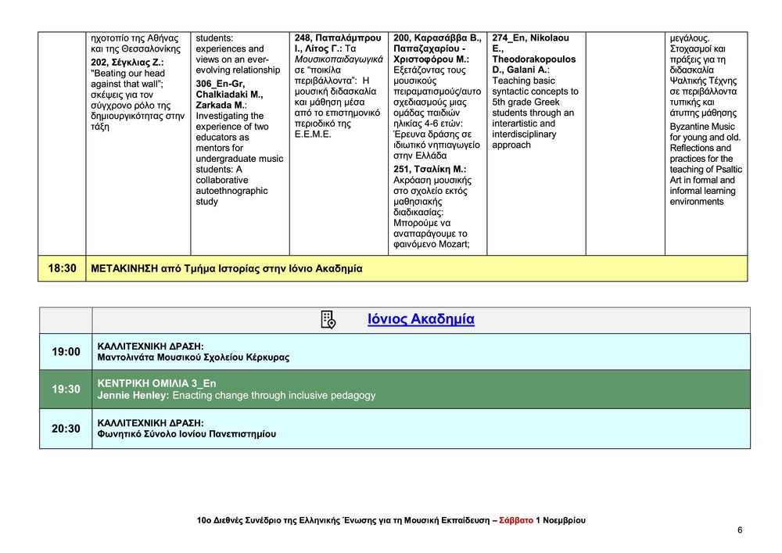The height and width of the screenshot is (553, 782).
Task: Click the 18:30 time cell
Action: tap(63, 268)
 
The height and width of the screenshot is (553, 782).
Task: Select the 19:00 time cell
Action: tap(66, 352)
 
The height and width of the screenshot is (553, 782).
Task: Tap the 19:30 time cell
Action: tap(66, 389)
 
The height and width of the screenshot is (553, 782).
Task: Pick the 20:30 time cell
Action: tap(66, 429)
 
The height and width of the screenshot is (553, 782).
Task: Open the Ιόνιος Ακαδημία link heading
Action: tap(421, 320)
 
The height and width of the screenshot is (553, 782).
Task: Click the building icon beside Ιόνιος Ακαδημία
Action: tap(328, 320)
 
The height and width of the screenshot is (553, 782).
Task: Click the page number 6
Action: tap(740, 530)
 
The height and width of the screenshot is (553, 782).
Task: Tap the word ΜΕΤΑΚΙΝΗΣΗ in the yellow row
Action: tap(124, 268)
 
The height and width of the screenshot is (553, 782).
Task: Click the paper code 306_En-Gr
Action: tap(221, 84)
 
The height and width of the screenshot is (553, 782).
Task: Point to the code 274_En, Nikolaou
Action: tap(531, 38)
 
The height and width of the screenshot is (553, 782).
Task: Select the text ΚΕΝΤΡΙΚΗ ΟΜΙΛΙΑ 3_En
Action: tap(156, 383)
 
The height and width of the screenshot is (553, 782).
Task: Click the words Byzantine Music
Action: tap(702, 127)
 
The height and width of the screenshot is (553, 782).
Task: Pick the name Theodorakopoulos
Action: tap(534, 59)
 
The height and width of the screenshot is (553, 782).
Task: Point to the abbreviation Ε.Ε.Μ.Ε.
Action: tap(313, 135)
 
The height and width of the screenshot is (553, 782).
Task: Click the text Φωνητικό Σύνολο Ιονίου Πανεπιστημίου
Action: tap(186, 434)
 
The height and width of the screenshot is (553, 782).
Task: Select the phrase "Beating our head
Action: tap(128, 74)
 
